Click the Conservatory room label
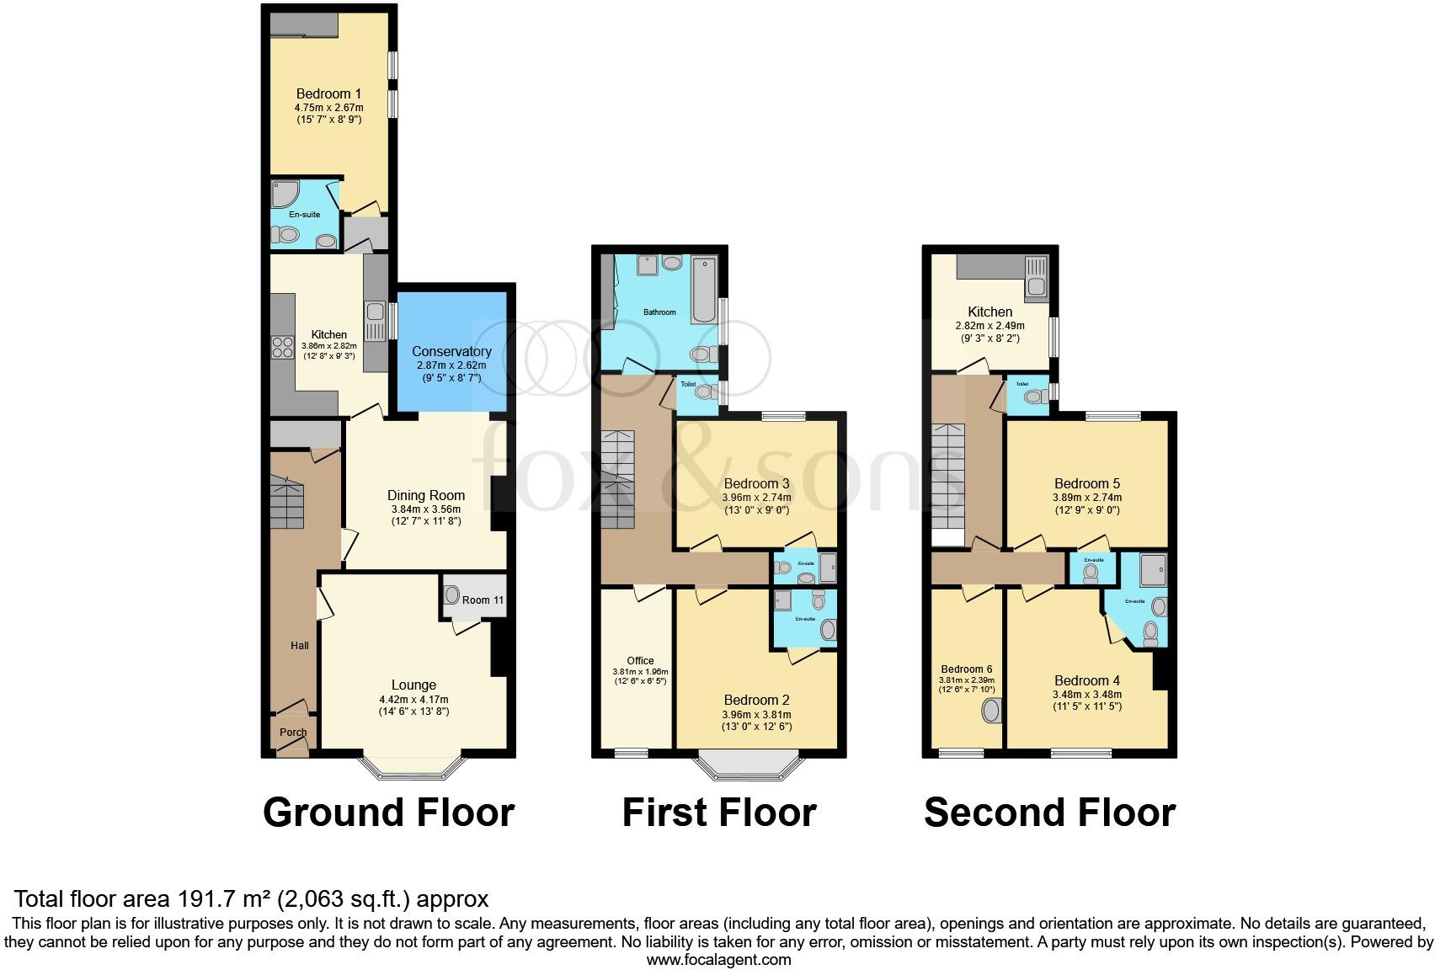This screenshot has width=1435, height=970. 451,351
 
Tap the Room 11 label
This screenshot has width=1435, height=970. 483,600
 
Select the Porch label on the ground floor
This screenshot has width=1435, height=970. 293,732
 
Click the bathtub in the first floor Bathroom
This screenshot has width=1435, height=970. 704,291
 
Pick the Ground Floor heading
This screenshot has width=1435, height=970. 388,813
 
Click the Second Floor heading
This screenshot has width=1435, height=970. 1049,813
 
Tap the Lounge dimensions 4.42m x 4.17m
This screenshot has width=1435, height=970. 413,699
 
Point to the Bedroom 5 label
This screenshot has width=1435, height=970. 1087,483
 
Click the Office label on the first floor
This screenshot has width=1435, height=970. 640,660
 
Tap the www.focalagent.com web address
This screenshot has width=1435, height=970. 718,959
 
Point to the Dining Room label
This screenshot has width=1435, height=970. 426,495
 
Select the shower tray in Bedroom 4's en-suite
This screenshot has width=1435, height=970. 1153,571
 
